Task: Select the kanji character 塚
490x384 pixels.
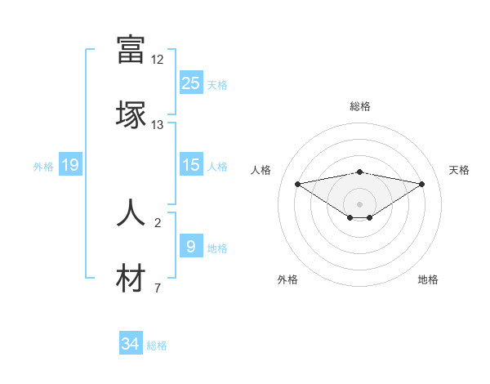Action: pyautogui.click(x=131, y=115)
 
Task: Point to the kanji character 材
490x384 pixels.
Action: pyautogui.click(x=131, y=279)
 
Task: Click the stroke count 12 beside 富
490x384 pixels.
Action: pyautogui.click(x=158, y=60)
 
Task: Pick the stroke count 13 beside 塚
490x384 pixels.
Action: pyautogui.click(x=158, y=125)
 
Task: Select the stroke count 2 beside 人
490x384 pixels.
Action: pyautogui.click(x=158, y=222)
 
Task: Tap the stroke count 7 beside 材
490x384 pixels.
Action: pyautogui.click(x=158, y=288)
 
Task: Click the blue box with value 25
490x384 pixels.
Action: pyautogui.click(x=191, y=83)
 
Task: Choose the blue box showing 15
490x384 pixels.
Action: pyautogui.click(x=191, y=165)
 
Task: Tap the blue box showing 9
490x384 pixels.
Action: pyautogui.click(x=191, y=246)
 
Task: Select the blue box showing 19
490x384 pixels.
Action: pyautogui.click(x=70, y=165)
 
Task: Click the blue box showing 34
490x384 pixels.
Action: pyautogui.click(x=131, y=345)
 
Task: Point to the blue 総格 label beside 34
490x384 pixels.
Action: pyautogui.click(x=157, y=346)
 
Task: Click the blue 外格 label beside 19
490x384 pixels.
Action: pyautogui.click(x=43, y=167)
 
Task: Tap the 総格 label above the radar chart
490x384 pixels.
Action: pyautogui.click(x=360, y=106)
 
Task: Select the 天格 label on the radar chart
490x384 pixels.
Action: pyautogui.click(x=459, y=170)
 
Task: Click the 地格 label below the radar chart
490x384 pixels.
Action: pyautogui.click(x=428, y=279)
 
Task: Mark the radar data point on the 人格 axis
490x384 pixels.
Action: pyautogui.click(x=298, y=183)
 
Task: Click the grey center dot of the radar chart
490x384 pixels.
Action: pyautogui.click(x=359, y=203)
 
